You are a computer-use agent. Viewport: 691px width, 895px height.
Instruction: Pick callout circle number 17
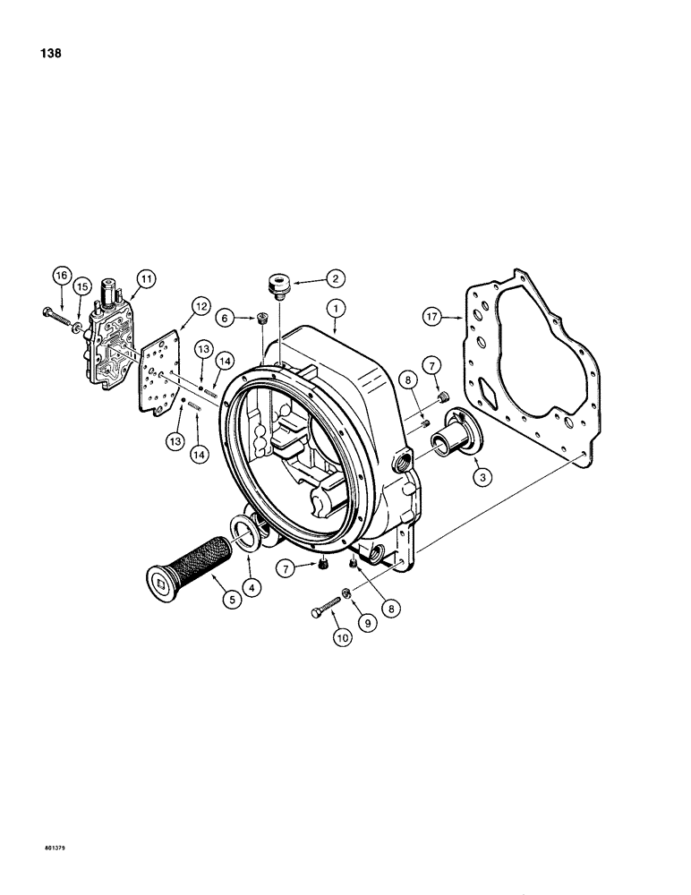tap(434, 316)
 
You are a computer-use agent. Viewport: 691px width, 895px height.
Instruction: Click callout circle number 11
tap(145, 279)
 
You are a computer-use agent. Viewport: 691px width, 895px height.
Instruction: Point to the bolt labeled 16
tap(59, 317)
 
